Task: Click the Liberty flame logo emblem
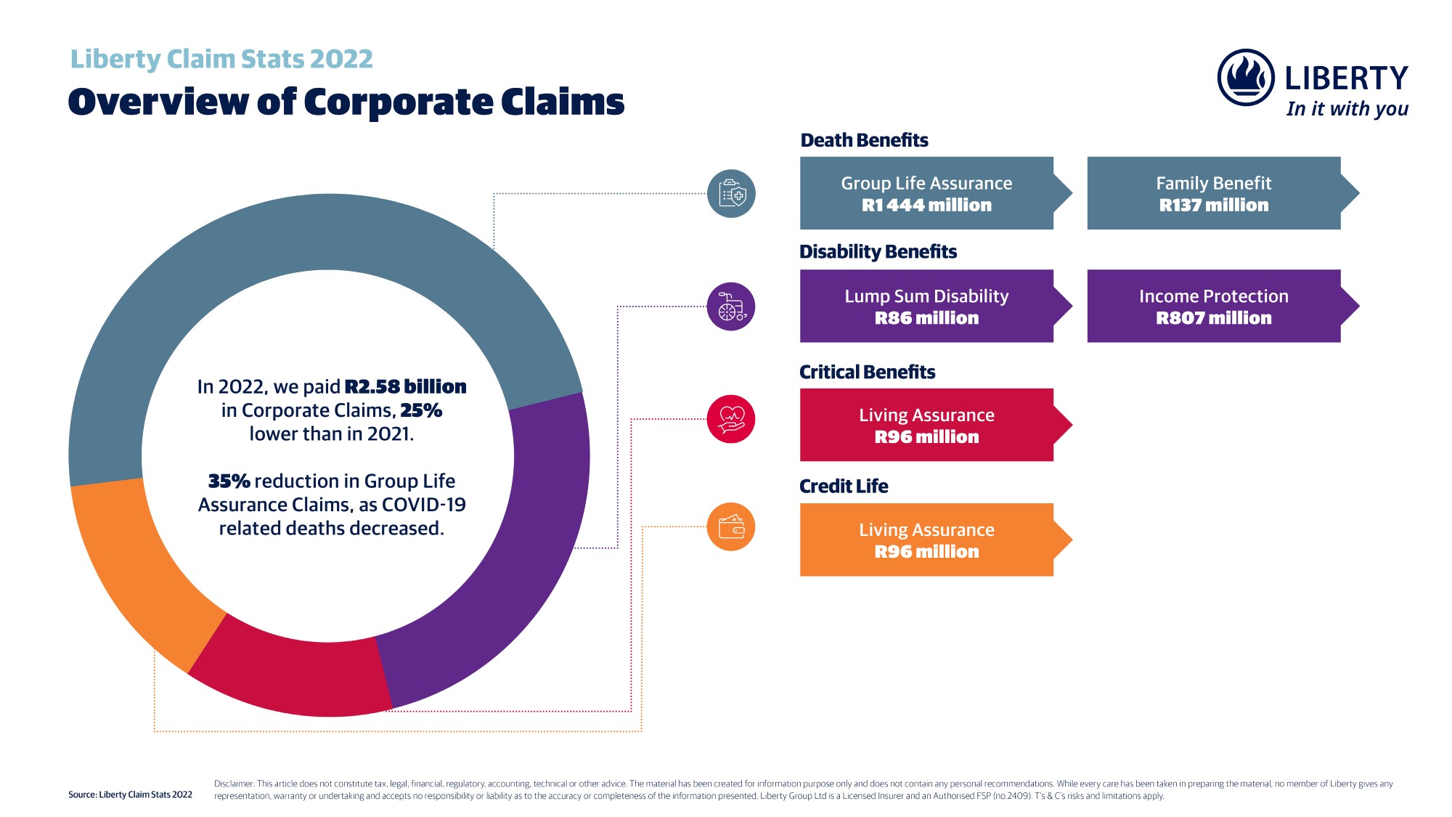click(1246, 77)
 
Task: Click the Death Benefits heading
click(864, 140)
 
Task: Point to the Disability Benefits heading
click(878, 251)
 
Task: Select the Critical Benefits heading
click(867, 372)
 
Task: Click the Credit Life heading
click(844, 486)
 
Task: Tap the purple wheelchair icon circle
click(731, 306)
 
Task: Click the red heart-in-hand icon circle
click(731, 419)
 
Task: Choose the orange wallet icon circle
click(731, 527)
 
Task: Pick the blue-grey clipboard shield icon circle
click(731, 194)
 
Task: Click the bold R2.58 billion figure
click(405, 386)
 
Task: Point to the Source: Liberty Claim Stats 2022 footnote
click(130, 794)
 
